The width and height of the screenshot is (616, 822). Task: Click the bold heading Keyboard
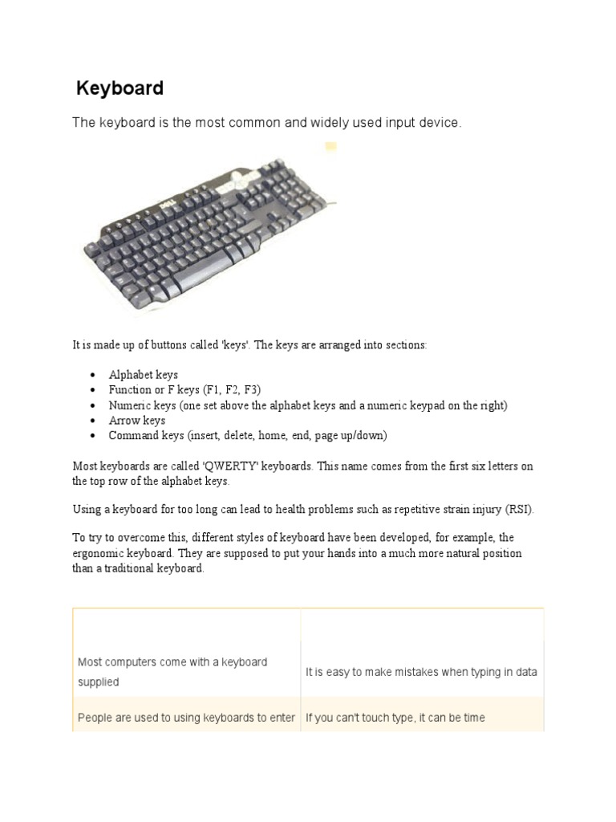tap(120, 88)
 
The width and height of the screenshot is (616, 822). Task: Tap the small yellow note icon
tap(330, 147)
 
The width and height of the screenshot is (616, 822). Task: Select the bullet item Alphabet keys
tap(144, 375)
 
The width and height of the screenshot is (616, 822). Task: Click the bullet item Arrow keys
tap(137, 420)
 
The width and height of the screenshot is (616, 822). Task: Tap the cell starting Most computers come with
tap(172, 672)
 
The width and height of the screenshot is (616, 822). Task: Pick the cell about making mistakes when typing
tap(421, 672)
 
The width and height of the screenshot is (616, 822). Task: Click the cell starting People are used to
tap(186, 718)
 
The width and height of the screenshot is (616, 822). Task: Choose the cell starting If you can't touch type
tap(395, 718)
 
